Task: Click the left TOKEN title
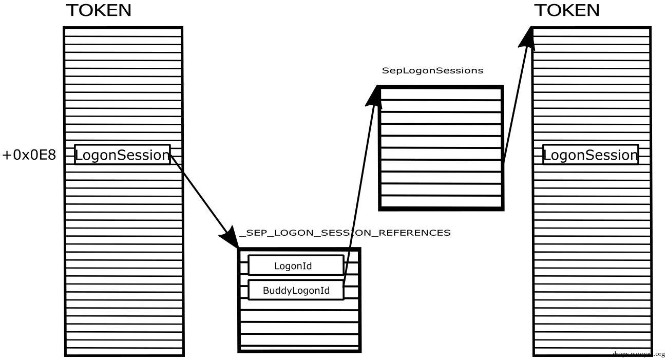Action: [99, 10]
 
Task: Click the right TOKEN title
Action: [567, 10]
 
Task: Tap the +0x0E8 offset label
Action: [29, 155]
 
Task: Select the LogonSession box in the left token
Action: [122, 155]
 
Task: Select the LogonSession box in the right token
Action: [590, 155]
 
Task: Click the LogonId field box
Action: [295, 266]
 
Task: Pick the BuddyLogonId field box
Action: [296, 290]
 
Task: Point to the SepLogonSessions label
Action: [432, 71]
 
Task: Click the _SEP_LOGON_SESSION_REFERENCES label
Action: [345, 233]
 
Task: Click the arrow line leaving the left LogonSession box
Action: [200, 195]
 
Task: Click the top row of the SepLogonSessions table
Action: [441, 94]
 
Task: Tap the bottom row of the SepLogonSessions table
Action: [441, 202]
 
